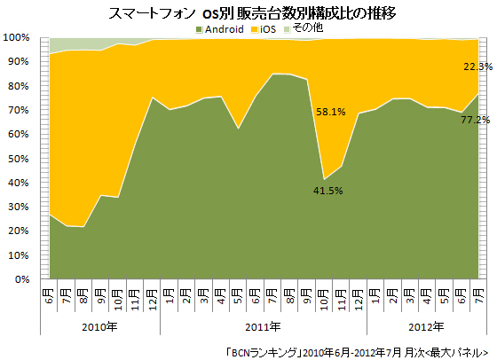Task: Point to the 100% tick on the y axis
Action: point(20,38)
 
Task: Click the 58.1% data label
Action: point(331,113)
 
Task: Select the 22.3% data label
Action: point(473,66)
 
